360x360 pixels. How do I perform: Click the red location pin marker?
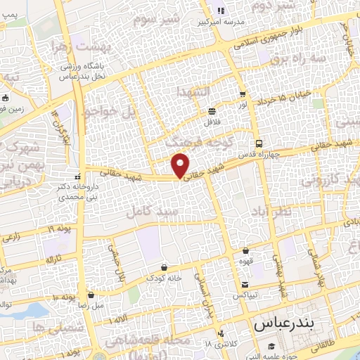[181, 166]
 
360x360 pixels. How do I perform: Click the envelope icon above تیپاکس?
[245, 285]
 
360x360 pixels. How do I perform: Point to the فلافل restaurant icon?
[212, 111]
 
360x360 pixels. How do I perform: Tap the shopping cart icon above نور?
[243, 94]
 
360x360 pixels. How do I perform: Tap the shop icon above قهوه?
[245, 251]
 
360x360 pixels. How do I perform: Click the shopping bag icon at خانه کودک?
[164, 267]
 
